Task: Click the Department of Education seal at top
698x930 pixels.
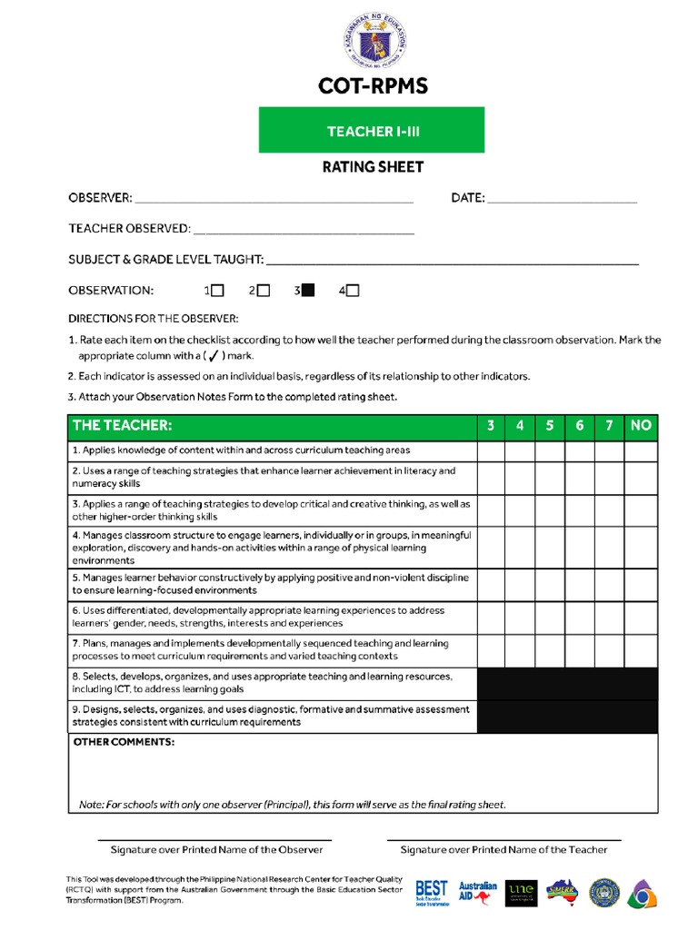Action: coord(373,41)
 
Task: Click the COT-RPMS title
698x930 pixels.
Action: coord(373,87)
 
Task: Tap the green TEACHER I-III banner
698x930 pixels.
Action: coord(372,131)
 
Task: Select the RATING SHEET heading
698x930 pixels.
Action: coord(373,167)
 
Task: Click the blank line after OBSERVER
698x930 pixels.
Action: coord(274,199)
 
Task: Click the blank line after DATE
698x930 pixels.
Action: coord(563,199)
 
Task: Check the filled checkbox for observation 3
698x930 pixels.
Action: coord(308,291)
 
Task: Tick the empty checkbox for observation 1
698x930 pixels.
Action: coord(218,291)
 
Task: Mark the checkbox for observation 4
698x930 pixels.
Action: coord(353,291)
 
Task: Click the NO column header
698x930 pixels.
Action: coord(641,426)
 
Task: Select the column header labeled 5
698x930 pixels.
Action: coord(550,426)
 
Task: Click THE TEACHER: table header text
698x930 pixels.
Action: coord(122,426)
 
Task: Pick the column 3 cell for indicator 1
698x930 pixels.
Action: coord(491,450)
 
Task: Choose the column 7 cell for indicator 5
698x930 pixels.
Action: coord(609,584)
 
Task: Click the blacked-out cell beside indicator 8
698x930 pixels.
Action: coord(567,683)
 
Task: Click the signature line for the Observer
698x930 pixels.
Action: coord(215,838)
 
